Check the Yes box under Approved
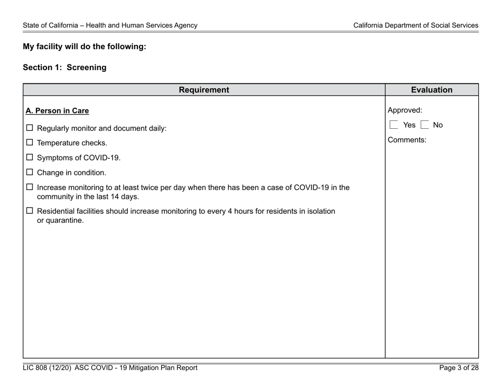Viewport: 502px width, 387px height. click(393, 126)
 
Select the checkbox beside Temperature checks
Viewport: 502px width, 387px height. click(30, 143)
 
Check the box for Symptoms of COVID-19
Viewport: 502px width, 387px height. click(30, 157)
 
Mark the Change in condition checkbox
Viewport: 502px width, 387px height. click(30, 172)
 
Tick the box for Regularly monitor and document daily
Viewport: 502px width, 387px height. click(30, 128)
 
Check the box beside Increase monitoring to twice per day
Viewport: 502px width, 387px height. click(30, 187)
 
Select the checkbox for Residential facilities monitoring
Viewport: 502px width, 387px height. click(30, 211)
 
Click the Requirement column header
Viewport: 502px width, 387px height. click(204, 90)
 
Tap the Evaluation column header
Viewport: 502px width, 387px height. click(432, 90)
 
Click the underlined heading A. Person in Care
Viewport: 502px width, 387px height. click(58, 111)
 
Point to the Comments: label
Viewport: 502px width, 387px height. click(407, 140)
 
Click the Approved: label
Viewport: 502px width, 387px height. click(405, 110)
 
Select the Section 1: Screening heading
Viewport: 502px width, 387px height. click(64, 68)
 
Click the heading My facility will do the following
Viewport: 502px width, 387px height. click(84, 46)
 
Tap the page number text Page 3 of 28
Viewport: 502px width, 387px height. click(459, 368)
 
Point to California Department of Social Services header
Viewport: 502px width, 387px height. click(416, 25)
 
